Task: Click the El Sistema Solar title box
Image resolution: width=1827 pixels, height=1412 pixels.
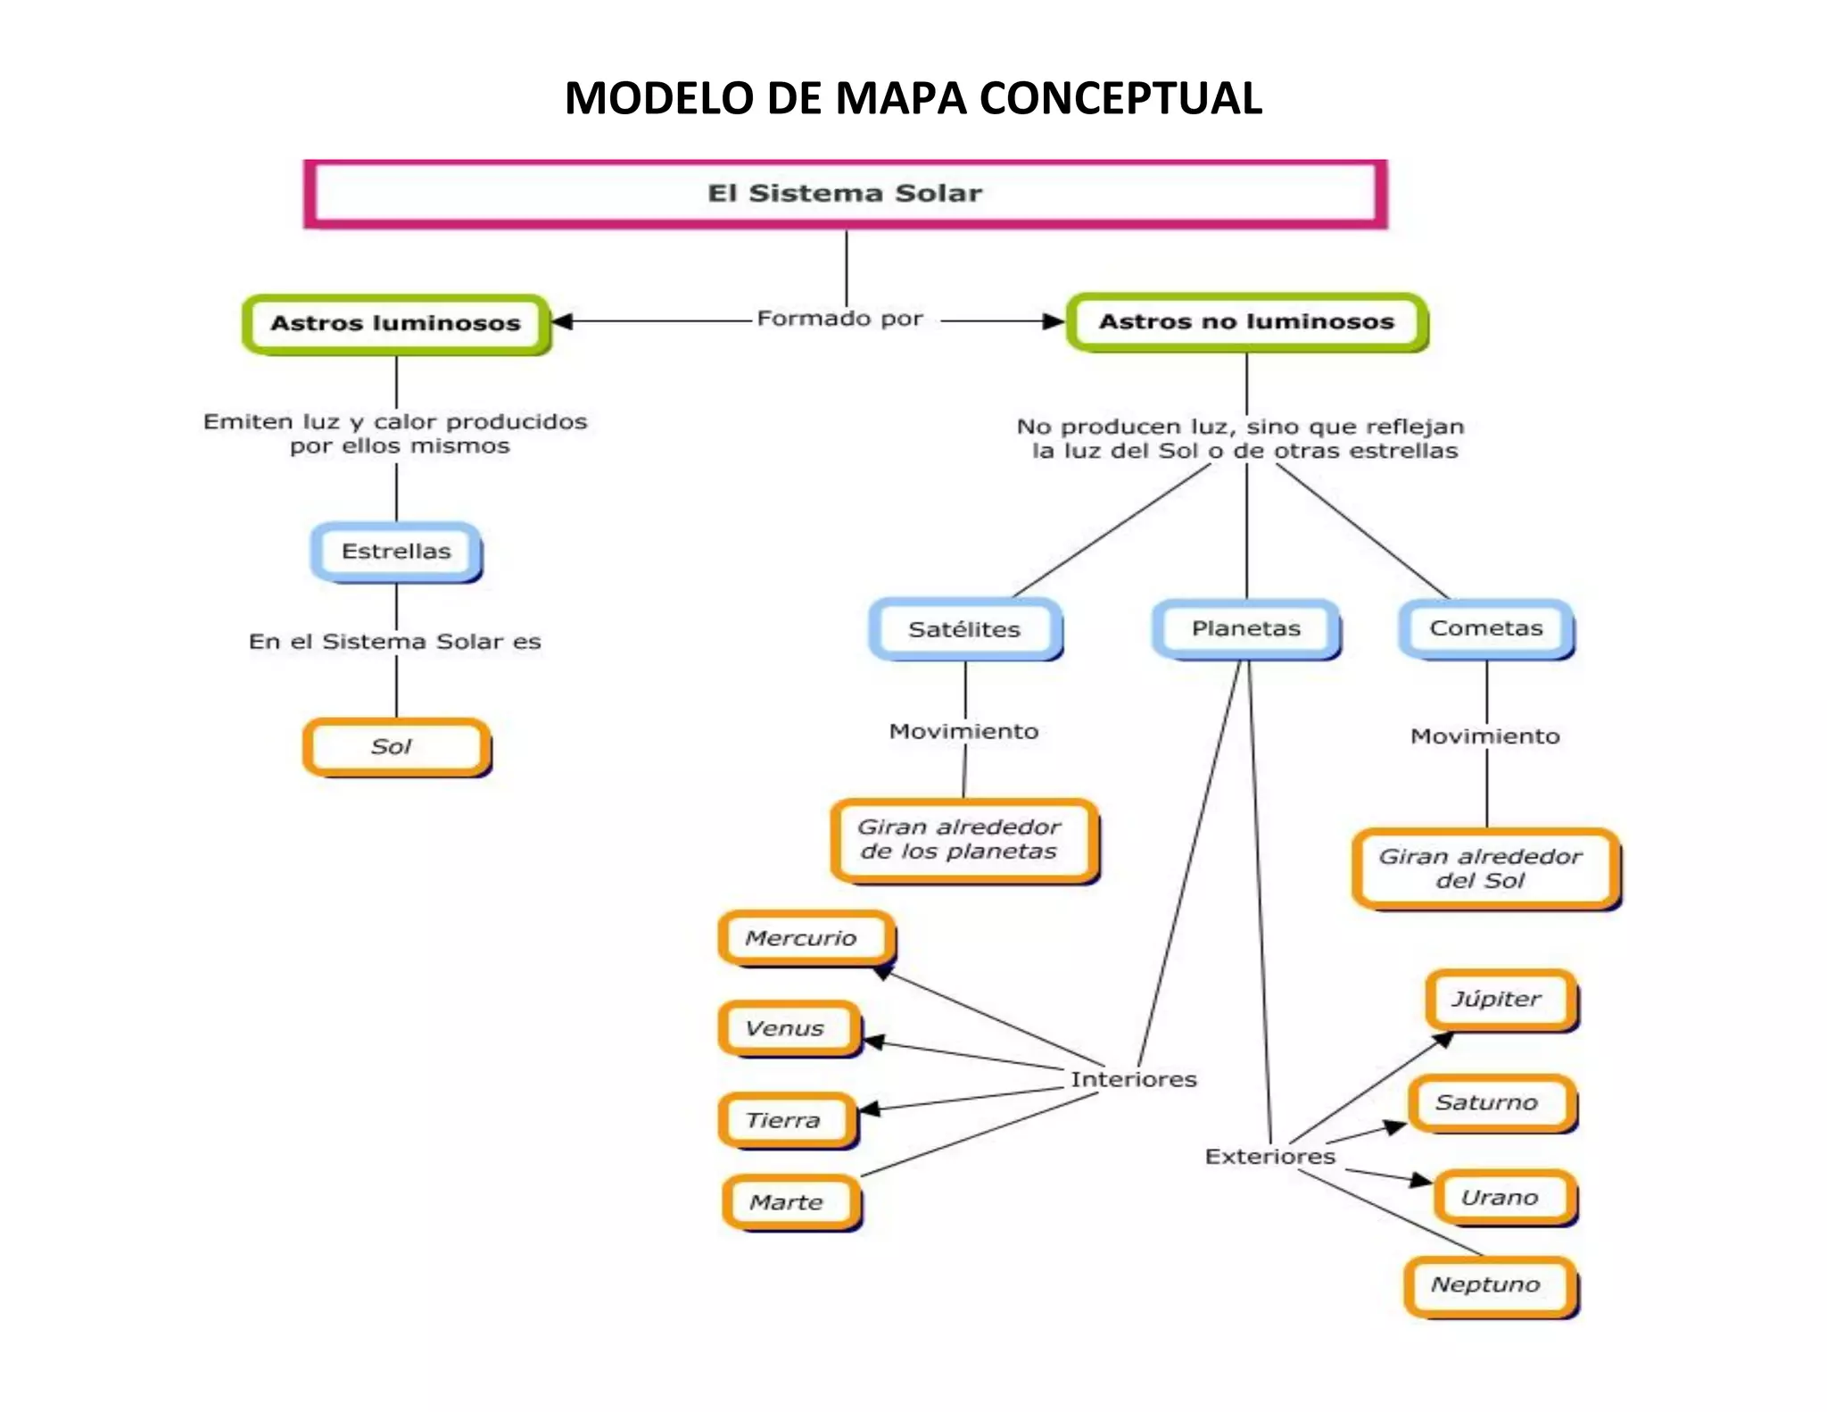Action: click(844, 194)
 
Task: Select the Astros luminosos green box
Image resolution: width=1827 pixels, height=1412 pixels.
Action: click(395, 323)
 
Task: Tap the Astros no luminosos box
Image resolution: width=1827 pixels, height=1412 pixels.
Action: click(1246, 321)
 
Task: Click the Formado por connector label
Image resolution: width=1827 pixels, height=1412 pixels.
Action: click(839, 319)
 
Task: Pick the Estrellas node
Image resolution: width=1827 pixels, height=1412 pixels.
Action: click(396, 552)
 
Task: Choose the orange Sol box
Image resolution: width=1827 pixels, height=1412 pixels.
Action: click(395, 746)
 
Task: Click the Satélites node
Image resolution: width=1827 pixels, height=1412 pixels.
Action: click(964, 629)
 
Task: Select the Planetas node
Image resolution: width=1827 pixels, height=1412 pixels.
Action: click(1246, 628)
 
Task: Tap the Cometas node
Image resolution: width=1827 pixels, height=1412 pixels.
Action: click(1486, 628)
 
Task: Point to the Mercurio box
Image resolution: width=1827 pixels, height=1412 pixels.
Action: click(803, 938)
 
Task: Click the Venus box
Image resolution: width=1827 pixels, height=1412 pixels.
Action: click(788, 1028)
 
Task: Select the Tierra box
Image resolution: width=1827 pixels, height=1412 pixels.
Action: click(785, 1120)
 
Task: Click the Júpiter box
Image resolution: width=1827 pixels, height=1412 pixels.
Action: click(1499, 999)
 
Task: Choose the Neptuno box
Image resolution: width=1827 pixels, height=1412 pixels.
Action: click(1488, 1284)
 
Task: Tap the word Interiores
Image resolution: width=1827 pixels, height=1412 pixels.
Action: click(1133, 1079)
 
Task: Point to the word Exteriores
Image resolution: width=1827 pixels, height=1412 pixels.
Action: click(1269, 1157)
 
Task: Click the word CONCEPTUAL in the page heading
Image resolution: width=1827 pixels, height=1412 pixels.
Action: click(1120, 98)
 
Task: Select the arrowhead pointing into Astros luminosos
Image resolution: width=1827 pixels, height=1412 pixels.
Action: click(562, 321)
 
